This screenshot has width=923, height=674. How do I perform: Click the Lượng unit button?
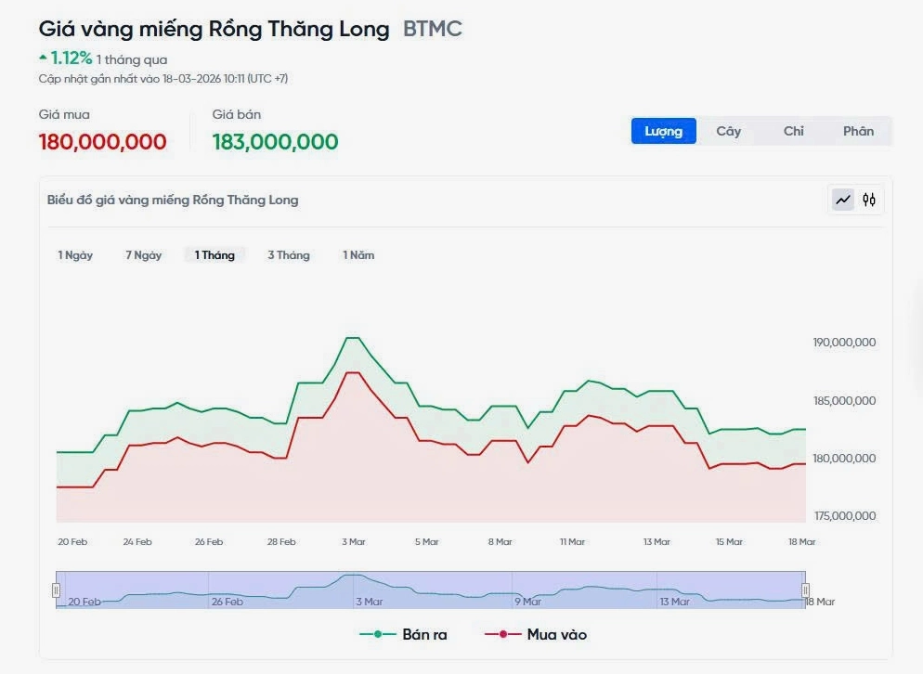[664, 131]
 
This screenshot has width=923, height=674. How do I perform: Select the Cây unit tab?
[728, 131]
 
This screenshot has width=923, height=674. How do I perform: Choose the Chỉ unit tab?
[793, 131]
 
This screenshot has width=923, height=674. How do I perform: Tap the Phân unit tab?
[858, 131]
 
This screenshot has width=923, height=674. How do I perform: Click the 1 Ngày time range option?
[75, 255]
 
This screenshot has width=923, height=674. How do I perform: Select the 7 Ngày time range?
[144, 255]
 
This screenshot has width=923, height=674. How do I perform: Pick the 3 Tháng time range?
[289, 255]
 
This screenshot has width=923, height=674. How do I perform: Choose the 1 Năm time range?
[358, 255]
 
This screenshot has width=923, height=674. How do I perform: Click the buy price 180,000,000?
[103, 142]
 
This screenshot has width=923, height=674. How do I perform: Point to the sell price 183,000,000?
[275, 142]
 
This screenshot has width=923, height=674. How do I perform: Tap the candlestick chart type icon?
[869, 200]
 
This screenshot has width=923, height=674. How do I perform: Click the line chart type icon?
[843, 200]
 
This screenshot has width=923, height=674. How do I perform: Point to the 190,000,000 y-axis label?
[844, 343]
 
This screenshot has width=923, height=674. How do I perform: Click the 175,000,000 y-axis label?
[844, 516]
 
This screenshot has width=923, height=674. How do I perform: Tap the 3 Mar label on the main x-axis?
[353, 542]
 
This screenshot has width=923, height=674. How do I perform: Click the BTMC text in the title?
[433, 29]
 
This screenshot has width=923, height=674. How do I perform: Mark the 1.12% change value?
[71, 59]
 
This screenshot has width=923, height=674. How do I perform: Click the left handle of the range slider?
[57, 590]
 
